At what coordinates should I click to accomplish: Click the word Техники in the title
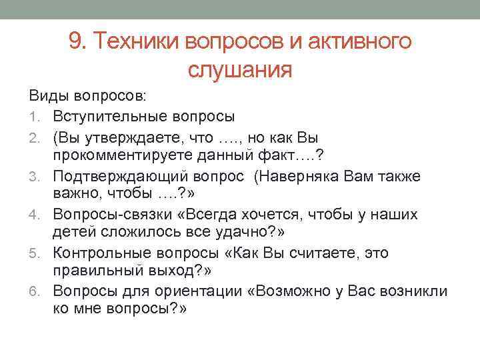point(137,42)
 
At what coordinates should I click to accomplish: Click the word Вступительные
point(110,117)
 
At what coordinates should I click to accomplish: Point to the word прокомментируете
point(120,156)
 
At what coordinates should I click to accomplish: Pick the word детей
point(72,233)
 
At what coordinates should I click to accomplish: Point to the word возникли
point(418,291)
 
